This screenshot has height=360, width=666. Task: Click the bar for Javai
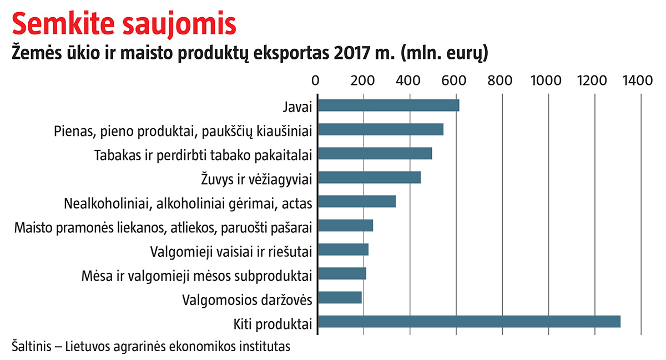388,105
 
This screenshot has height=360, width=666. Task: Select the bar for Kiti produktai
468,322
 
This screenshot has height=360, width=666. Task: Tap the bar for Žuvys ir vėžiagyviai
369,178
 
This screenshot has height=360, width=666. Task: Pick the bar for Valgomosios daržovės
339,298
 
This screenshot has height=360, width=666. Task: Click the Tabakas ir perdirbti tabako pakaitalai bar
374,154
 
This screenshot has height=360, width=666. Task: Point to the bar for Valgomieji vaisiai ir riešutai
342,250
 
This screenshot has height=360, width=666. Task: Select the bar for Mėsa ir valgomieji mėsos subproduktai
341,273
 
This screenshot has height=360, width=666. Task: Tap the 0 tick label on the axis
316,81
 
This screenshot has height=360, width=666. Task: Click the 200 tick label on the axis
363,81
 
